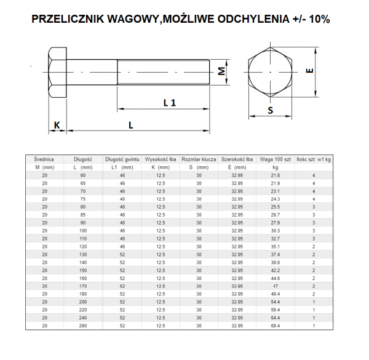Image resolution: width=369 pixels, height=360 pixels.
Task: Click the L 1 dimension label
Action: coord(170,103)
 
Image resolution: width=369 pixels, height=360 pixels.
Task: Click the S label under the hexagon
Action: coord(271,111)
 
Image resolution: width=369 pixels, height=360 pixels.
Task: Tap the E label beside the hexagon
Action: coord(311,71)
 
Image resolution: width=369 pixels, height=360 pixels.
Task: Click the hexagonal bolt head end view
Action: coord(271,72)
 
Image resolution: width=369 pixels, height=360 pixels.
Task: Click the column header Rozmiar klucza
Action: coord(199,159)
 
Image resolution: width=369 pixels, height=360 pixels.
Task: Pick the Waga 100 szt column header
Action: coord(275,159)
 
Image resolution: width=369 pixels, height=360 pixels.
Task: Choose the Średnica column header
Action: coord(44,159)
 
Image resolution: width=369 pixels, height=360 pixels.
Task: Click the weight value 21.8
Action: coord(275,176)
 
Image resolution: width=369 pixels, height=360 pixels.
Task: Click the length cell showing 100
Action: coord(83,231)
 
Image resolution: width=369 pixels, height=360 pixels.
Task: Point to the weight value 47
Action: coord(275,286)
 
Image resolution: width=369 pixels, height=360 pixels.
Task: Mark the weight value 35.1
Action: coord(275,246)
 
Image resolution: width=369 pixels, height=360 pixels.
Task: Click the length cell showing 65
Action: coord(83,183)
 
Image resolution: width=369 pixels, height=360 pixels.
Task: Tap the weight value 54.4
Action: coord(275,302)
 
